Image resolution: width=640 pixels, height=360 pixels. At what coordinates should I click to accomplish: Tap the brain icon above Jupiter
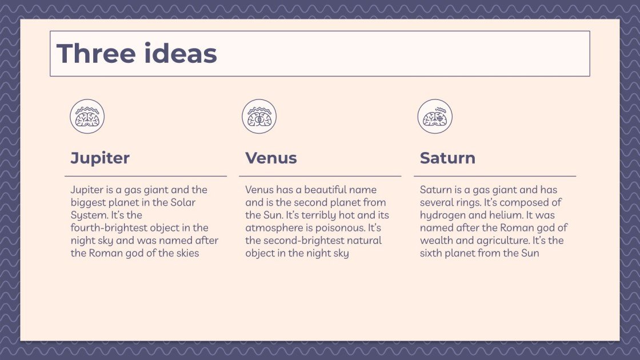(x=87, y=117)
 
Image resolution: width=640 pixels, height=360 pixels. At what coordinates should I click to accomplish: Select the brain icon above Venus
(x=259, y=117)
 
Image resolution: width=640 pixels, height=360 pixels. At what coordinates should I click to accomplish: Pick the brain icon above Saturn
(x=435, y=117)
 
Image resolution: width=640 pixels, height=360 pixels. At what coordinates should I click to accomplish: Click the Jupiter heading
(x=100, y=158)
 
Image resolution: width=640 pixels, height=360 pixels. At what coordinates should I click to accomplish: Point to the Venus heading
(x=271, y=158)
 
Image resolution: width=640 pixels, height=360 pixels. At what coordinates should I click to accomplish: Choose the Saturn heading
(x=447, y=158)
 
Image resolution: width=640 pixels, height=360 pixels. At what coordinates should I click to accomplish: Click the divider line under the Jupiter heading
(x=146, y=176)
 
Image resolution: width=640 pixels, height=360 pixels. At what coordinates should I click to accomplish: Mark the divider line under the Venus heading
(x=320, y=176)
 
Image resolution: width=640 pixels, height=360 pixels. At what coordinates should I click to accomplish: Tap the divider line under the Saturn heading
(x=495, y=176)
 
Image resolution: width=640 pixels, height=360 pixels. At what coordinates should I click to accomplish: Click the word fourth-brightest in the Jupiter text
(x=108, y=228)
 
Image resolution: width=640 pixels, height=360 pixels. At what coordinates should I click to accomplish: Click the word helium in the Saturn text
(x=505, y=215)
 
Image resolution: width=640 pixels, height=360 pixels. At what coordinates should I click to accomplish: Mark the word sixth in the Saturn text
(x=431, y=253)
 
